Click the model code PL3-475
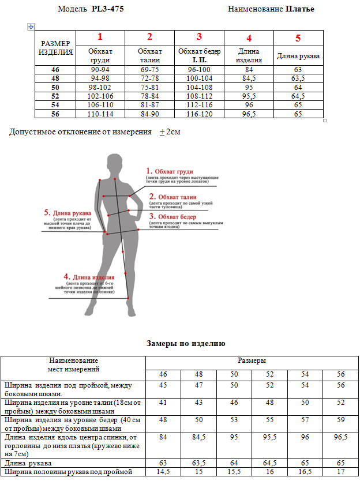tap(107, 9)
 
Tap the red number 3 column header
tap(199, 37)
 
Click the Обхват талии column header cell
tap(149, 55)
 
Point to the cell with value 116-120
tap(199, 114)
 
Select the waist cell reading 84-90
tap(149, 114)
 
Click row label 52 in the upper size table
tap(55, 96)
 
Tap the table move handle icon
tap(31, 27)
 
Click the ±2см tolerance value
tap(170, 132)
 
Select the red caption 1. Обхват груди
tap(170, 171)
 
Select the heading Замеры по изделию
tap(186, 344)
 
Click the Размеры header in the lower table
tap(252, 360)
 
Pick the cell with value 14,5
tap(163, 472)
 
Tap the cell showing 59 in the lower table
tap(341, 419)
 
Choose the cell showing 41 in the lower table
tap(163, 401)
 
